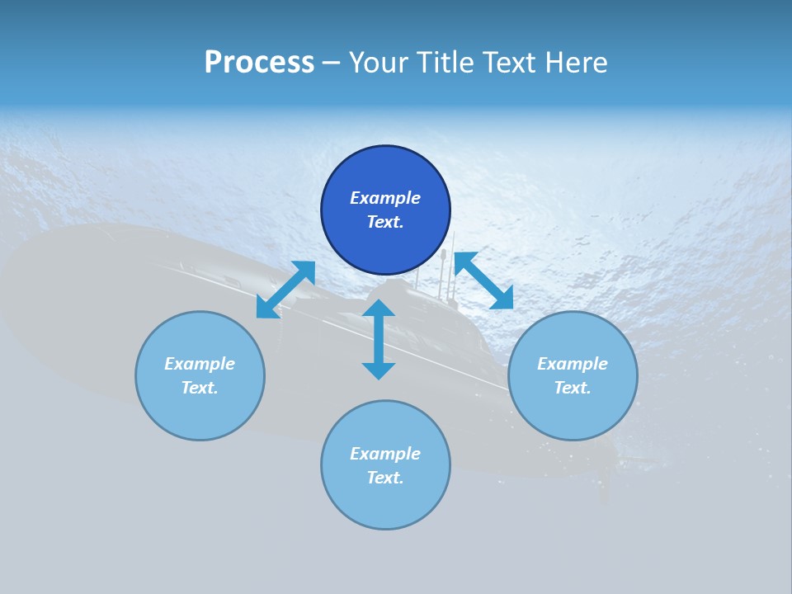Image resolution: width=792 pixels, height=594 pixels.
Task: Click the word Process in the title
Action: pos(259,63)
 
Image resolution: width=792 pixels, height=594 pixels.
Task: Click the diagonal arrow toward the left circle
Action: pos(285,290)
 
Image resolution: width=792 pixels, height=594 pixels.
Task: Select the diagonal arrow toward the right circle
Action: pos(483,280)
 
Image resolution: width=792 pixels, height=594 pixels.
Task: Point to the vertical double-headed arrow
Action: pos(379,339)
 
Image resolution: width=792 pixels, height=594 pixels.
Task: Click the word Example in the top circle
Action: pos(385,198)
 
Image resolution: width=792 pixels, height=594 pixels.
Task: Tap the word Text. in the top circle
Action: pos(385,222)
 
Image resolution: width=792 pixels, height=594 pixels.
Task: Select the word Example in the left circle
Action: pos(200,364)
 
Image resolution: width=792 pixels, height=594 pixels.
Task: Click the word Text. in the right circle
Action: pos(573,388)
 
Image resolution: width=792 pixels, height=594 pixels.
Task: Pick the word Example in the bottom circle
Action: pos(385,454)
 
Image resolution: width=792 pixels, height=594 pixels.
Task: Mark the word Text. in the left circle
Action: pos(200,388)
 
